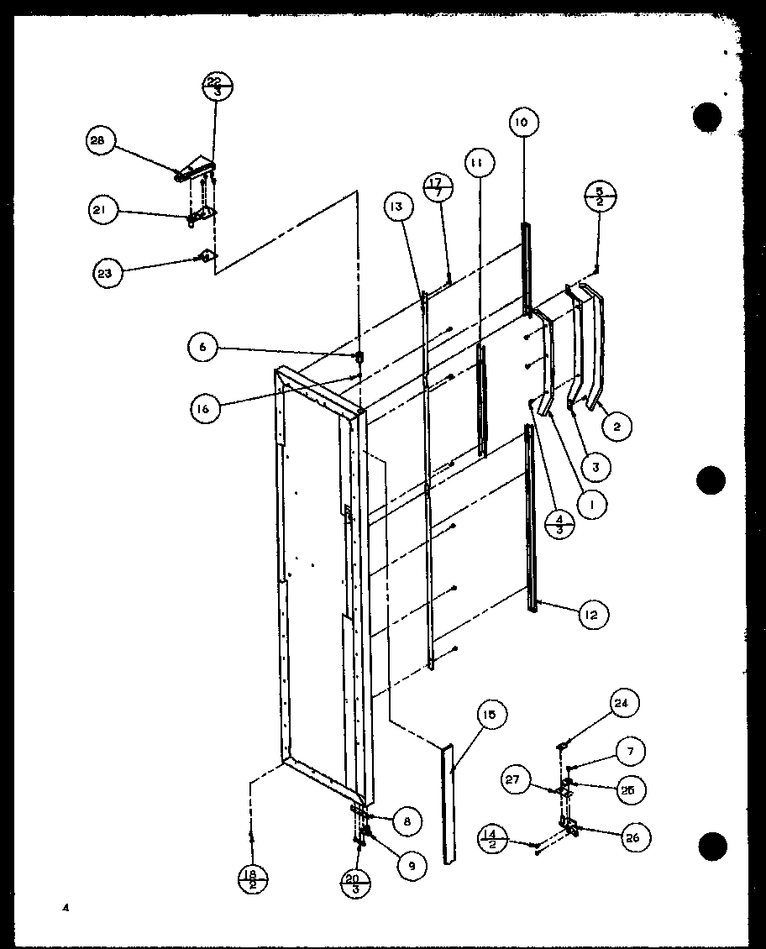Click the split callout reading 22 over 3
(218, 86)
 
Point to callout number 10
(522, 123)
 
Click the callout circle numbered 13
(398, 205)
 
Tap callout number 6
(202, 346)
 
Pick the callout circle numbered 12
(593, 615)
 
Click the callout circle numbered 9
(412, 864)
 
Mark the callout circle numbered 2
(617, 427)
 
